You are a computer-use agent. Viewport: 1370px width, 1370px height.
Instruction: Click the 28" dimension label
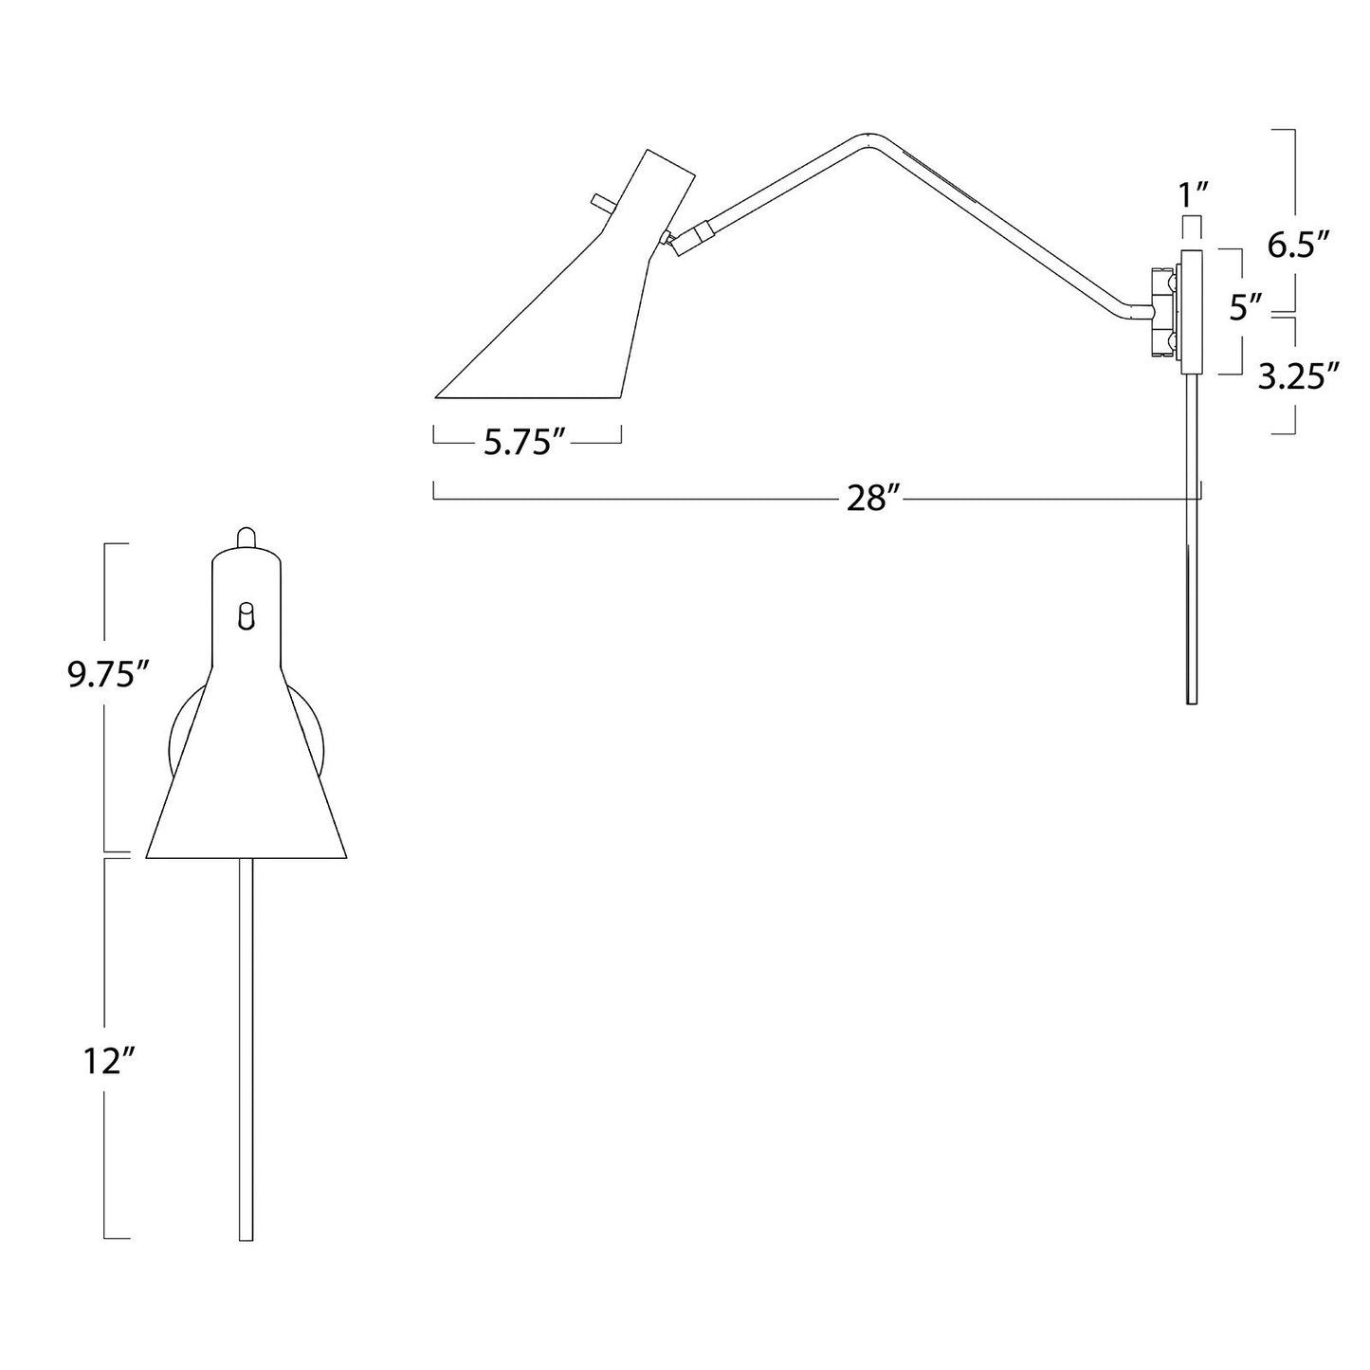point(868,499)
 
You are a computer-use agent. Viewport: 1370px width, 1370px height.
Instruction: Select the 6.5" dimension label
point(1298,246)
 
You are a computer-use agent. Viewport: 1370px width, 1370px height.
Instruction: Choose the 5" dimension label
point(1247,308)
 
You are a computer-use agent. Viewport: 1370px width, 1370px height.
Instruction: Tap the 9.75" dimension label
point(110,675)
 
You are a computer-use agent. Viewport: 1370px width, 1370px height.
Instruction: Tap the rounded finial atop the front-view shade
point(246,538)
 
